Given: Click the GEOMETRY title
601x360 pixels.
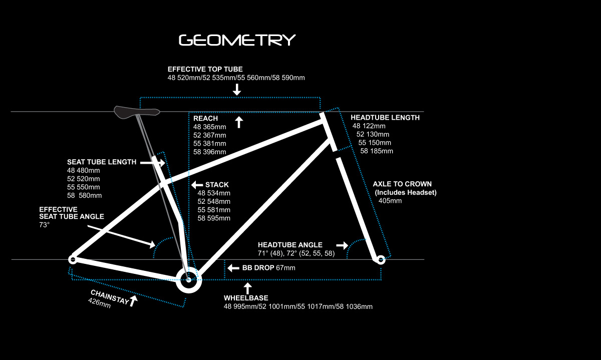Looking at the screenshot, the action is point(237,40).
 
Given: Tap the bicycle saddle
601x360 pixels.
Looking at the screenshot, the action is point(137,112).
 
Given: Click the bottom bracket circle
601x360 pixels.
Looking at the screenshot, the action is point(189,280).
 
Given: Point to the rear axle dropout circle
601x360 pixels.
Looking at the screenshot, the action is point(73,260).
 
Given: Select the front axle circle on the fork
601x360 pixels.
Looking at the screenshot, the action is point(381,260).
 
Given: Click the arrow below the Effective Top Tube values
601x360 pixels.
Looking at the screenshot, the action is point(236,89).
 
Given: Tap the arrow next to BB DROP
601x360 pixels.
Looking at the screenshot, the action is point(233,268).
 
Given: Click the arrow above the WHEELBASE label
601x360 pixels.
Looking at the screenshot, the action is point(247,288).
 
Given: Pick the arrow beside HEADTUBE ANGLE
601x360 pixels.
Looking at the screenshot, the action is point(342,245).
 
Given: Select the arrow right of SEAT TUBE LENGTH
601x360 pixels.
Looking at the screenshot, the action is point(152,163).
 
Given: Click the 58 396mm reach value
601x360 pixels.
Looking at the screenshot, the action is point(209,152).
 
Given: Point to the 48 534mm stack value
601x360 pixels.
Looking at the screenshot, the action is point(214,193).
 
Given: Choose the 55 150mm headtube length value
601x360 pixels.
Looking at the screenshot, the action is point(375,143).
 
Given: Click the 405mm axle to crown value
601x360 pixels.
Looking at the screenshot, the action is point(390,201).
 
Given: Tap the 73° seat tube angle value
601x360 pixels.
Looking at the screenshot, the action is point(44,225).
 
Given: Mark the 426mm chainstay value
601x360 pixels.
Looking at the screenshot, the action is point(99,303).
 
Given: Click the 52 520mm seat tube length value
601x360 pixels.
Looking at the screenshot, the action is point(84,179).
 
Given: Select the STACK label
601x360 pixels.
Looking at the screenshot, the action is point(217,185).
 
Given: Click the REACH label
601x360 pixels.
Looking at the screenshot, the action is point(205,118).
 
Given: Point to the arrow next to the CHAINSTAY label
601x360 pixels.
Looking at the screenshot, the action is point(133,301).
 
